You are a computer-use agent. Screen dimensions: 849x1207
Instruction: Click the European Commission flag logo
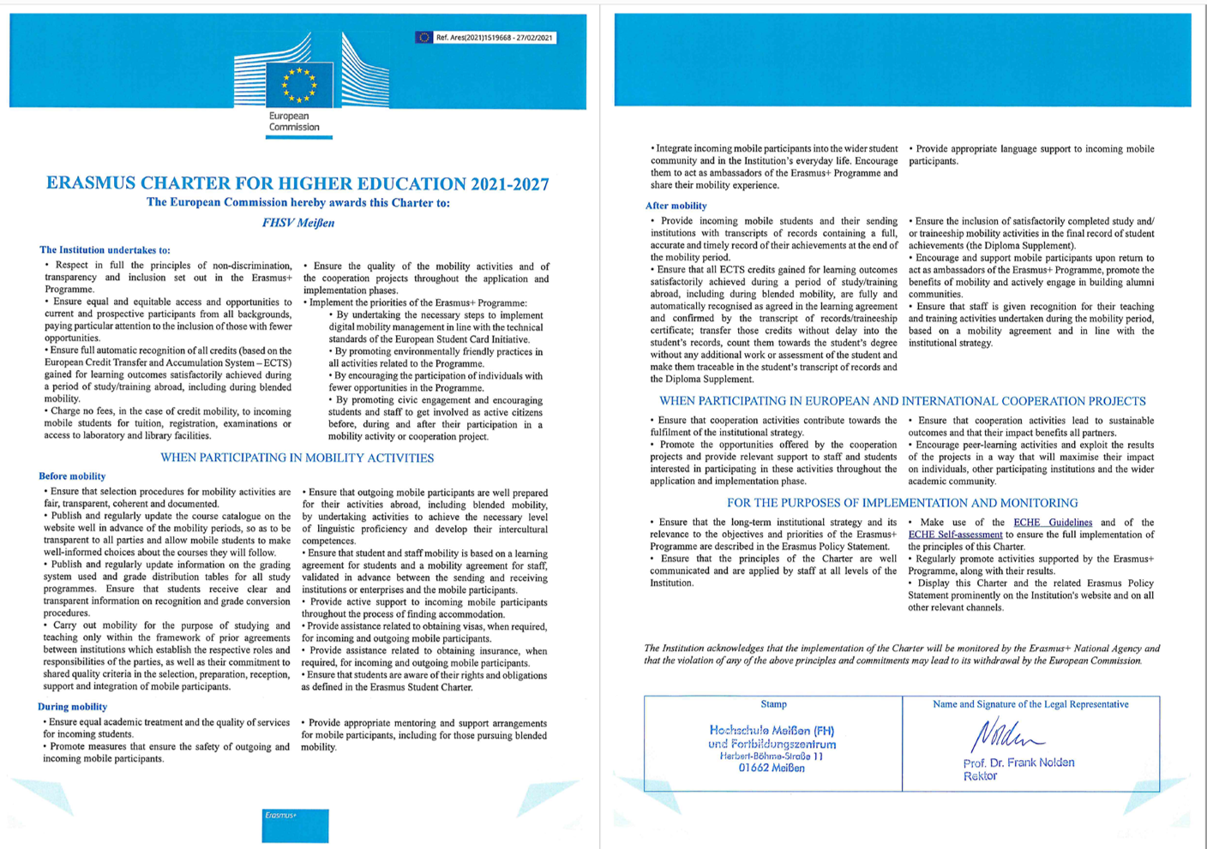(x=299, y=84)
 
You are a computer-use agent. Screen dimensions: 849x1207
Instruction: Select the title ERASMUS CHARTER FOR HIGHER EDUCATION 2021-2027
(x=297, y=183)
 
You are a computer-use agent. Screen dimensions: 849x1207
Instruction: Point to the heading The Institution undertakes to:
(x=105, y=250)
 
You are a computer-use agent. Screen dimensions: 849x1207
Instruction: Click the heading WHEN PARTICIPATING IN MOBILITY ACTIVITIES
(x=297, y=458)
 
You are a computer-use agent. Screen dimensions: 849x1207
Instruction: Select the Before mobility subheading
(x=72, y=476)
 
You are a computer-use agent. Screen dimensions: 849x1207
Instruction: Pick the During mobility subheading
(x=72, y=707)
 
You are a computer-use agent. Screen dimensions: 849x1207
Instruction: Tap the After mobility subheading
(x=676, y=206)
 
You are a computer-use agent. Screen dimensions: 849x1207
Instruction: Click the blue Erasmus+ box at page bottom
(x=295, y=825)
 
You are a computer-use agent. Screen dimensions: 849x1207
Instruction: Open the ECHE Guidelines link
(x=1053, y=523)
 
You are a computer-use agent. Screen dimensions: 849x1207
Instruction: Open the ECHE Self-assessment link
(x=955, y=535)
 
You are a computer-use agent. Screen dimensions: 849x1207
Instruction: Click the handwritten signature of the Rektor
(x=1005, y=735)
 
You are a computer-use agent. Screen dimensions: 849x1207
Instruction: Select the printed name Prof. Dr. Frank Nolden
(x=1018, y=762)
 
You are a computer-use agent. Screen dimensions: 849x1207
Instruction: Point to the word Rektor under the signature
(x=980, y=776)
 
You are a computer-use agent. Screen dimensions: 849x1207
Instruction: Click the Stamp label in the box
(x=773, y=704)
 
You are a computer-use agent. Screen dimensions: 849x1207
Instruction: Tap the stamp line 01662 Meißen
(x=772, y=768)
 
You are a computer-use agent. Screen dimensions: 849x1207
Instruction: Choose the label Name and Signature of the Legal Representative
(x=1030, y=704)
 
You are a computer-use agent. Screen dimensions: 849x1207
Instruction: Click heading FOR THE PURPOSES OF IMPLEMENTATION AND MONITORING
(x=903, y=503)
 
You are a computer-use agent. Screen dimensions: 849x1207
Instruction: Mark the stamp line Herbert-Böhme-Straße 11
(x=772, y=756)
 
